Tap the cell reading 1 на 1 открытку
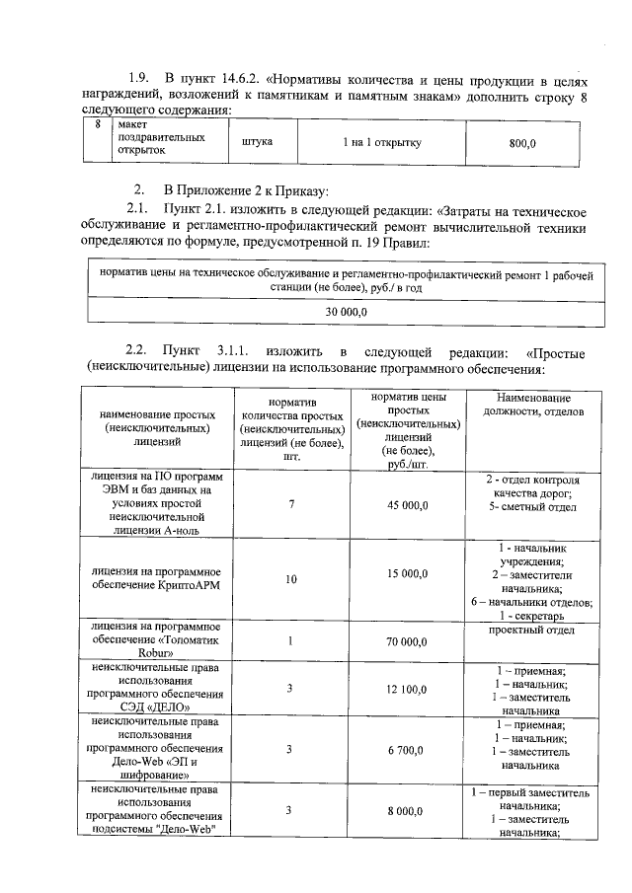(x=382, y=143)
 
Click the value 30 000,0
(x=347, y=312)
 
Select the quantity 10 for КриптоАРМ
(x=291, y=579)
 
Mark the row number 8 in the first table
(x=97, y=126)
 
